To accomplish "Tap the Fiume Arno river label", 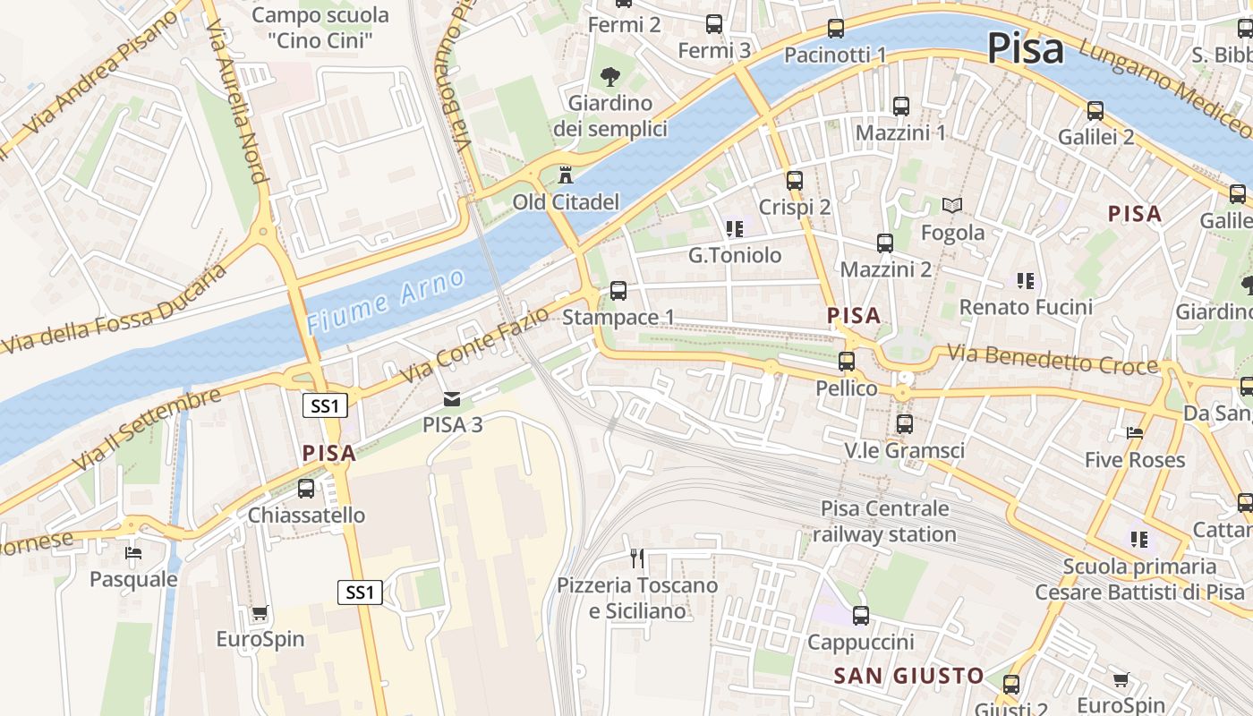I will (x=386, y=301).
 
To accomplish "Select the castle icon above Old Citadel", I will (x=565, y=174).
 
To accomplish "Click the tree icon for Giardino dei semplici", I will (x=610, y=76).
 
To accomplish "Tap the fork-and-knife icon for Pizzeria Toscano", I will (x=637, y=558).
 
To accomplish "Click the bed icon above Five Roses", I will (x=1135, y=433).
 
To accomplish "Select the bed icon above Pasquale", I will (x=133, y=552).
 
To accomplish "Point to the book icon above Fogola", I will (x=952, y=206).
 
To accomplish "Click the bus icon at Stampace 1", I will (x=618, y=291).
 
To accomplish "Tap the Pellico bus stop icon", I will (x=846, y=362).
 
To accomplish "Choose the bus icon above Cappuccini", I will (x=860, y=616).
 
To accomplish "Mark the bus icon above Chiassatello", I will (x=306, y=489).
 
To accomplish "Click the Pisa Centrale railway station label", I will (x=884, y=521).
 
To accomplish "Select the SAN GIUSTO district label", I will (x=908, y=676).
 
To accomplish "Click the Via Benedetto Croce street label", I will (x=1052, y=360).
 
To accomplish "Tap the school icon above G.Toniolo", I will (x=734, y=229).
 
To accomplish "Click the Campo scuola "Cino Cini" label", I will (x=320, y=27).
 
